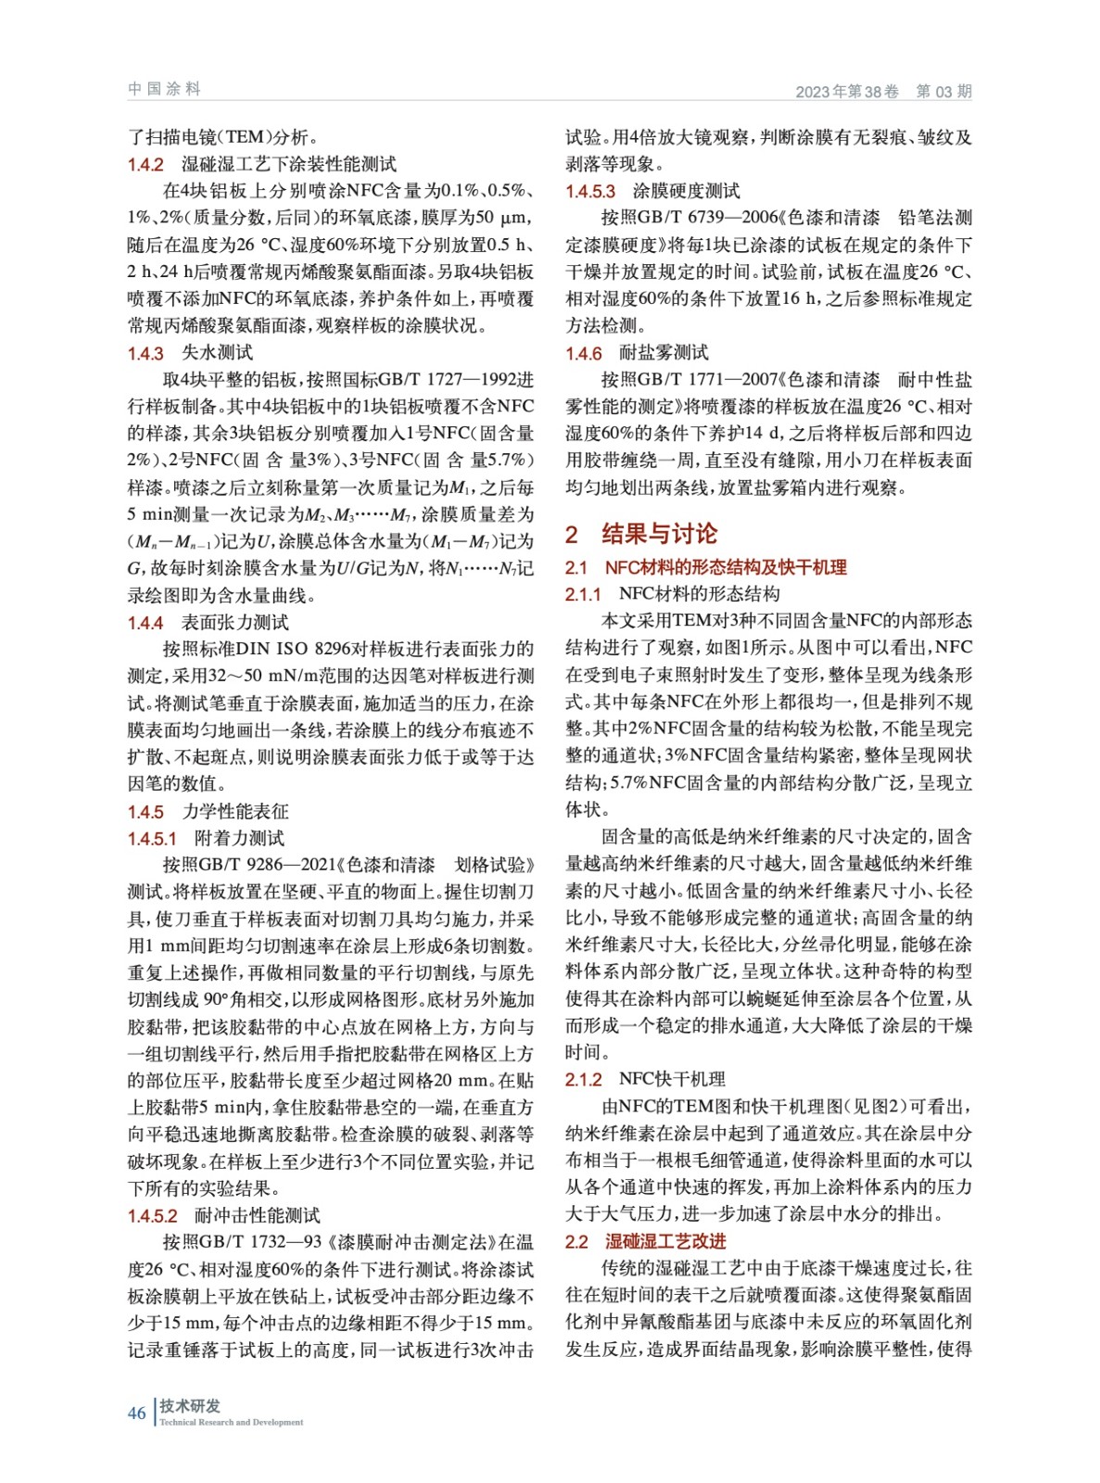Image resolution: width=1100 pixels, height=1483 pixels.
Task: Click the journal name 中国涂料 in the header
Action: click(x=164, y=89)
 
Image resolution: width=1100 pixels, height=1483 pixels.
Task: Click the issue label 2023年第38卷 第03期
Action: click(x=883, y=91)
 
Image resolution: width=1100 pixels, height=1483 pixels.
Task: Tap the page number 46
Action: click(x=136, y=1413)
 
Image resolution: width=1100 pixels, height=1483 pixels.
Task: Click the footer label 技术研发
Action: click(x=190, y=1405)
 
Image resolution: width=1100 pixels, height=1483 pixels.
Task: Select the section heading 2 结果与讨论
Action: click(x=641, y=533)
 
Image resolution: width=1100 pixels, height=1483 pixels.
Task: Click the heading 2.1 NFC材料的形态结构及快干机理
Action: click(x=706, y=567)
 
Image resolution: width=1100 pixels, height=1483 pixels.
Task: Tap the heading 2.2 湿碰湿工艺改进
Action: click(x=646, y=1241)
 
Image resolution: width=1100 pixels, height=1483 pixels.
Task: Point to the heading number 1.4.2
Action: click(x=145, y=164)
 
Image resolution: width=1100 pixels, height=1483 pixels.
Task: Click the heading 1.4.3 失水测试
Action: click(x=190, y=352)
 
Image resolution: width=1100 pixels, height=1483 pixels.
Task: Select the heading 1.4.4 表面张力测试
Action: click(x=208, y=622)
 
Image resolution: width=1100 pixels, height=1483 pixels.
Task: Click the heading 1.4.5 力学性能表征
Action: click(x=208, y=811)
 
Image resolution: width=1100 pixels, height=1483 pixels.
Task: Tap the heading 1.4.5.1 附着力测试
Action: click(x=206, y=838)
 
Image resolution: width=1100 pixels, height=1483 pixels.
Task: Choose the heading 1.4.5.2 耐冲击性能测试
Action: click(x=223, y=1215)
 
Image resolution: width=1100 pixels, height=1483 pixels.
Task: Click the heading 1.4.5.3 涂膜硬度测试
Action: click(x=652, y=191)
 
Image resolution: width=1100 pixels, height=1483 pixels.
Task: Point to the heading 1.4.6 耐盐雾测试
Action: click(x=637, y=352)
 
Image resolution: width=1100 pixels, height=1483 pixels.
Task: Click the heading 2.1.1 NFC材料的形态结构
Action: click(x=672, y=594)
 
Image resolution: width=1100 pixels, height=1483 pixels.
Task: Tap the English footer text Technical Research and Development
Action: click(x=232, y=1422)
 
